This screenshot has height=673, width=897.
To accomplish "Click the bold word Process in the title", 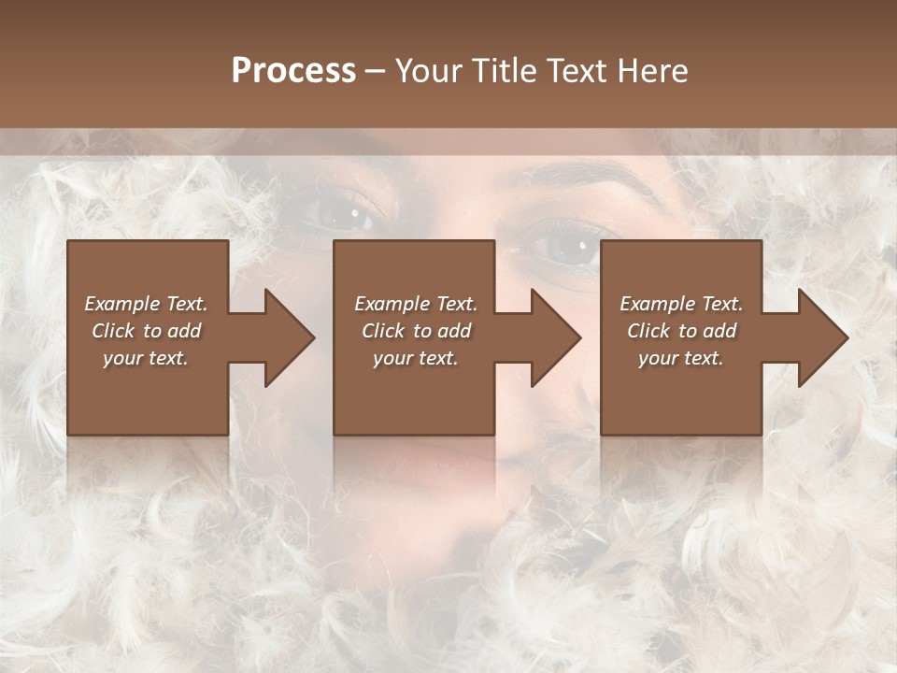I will tap(293, 71).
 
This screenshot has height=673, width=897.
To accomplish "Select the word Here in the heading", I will tap(654, 71).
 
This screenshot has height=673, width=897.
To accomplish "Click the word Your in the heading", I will tap(429, 71).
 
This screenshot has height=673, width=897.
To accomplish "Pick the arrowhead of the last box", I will tap(821, 337).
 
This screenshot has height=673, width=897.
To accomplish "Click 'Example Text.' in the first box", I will tap(146, 304).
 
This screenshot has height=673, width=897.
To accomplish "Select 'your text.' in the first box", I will tap(146, 358).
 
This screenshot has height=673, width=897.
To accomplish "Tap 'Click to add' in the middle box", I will tap(416, 331).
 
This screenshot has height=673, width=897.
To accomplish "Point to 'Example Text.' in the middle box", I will tap(416, 304).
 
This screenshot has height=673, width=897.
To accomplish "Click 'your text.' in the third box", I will tap(681, 358).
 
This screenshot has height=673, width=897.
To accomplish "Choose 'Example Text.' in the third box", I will tap(681, 304).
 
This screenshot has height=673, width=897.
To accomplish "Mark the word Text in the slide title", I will tap(579, 71).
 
